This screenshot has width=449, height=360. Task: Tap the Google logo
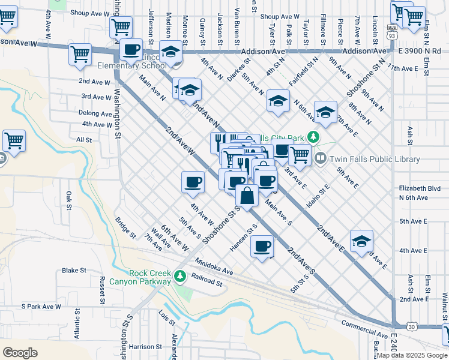pos(20,352)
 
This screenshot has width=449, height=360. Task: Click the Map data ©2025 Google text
pos(411,355)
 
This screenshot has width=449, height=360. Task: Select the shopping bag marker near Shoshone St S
pos(247,195)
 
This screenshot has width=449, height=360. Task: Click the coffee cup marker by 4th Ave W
pos(193,182)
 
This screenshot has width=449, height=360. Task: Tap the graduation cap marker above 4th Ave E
pos(361,241)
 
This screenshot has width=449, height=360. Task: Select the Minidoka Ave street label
pos(214,267)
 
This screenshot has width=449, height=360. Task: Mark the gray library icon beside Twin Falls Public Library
pos(321,159)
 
